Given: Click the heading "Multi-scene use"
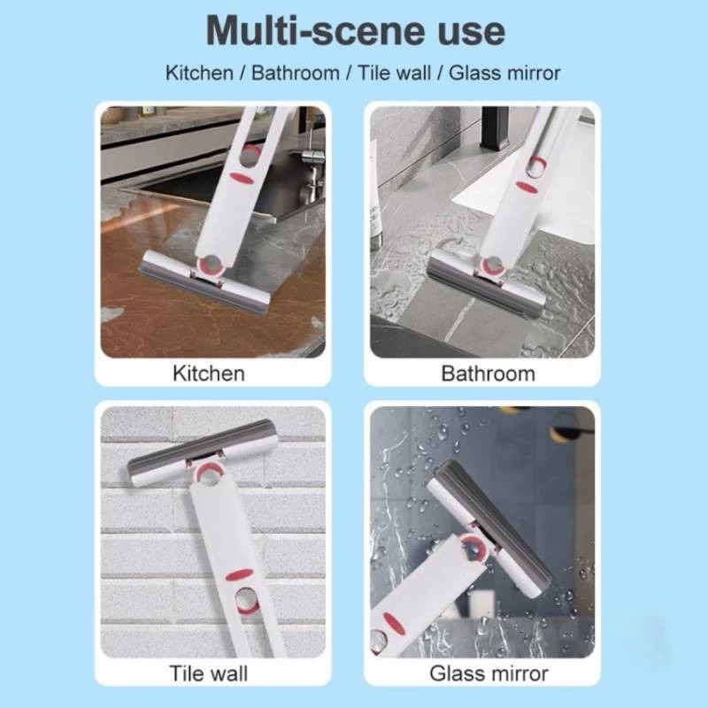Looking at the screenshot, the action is tap(356, 31).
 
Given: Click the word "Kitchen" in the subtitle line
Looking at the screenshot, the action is tap(199, 73).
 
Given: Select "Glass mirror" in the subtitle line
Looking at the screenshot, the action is tap(504, 73).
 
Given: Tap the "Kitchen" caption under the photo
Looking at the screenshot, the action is tap(209, 373).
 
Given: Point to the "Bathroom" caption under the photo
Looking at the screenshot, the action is tap(489, 373).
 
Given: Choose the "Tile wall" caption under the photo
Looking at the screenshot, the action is tap(209, 673).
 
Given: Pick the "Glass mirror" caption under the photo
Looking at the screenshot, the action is tap(489, 673).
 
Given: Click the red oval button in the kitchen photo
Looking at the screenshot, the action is tap(242, 178).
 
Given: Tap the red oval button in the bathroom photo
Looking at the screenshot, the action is tap(527, 186).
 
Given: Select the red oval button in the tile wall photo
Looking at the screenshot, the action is tap(239, 574).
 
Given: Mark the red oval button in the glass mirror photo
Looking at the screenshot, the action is tap(393, 623).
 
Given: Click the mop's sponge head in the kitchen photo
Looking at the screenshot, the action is tap(206, 282).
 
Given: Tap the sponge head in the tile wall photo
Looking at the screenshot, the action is tap(202, 451).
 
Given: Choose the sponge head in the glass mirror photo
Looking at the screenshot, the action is tap(490, 528).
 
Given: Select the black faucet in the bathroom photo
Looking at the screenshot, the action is tap(496, 127).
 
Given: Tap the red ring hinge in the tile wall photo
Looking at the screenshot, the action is tap(210, 474).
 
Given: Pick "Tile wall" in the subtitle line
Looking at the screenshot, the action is tap(394, 73).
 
